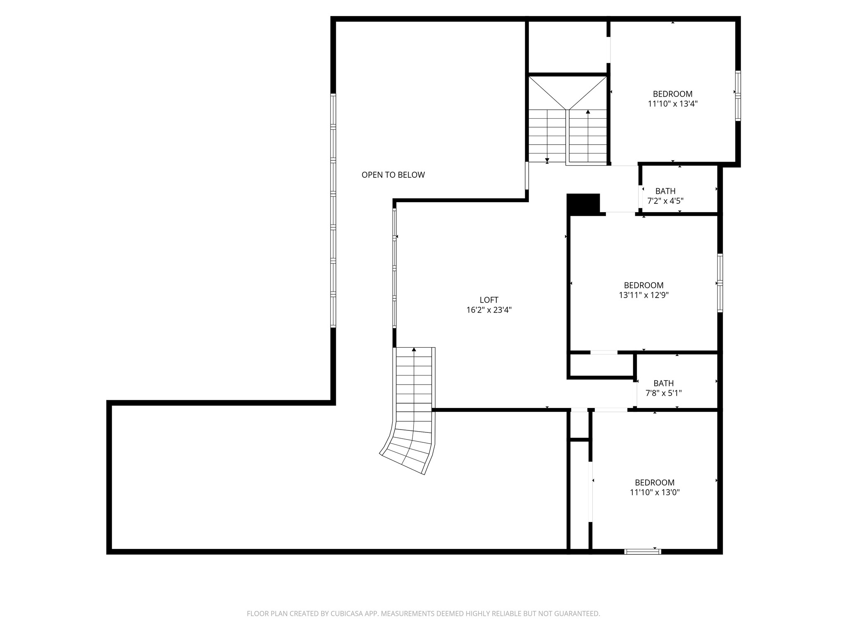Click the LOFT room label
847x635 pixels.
point(489,300)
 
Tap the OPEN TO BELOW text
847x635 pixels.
point(393,175)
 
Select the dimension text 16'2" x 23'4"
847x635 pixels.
point(489,310)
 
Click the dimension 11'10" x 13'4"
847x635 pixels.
point(672,104)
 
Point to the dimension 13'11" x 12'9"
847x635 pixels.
point(644,295)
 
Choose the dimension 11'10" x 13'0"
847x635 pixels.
point(655,492)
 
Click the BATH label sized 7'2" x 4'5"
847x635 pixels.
point(665,191)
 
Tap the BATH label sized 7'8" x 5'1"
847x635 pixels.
point(663,383)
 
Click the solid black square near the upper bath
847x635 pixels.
point(583,203)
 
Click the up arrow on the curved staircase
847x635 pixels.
point(414,350)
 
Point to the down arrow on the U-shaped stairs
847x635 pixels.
point(547,160)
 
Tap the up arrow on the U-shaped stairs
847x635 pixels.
point(588,112)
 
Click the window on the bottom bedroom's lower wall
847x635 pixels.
point(642,551)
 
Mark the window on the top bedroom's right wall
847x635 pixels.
point(738,96)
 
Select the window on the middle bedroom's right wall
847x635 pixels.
point(720,283)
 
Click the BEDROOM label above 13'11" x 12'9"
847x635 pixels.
point(644,285)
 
